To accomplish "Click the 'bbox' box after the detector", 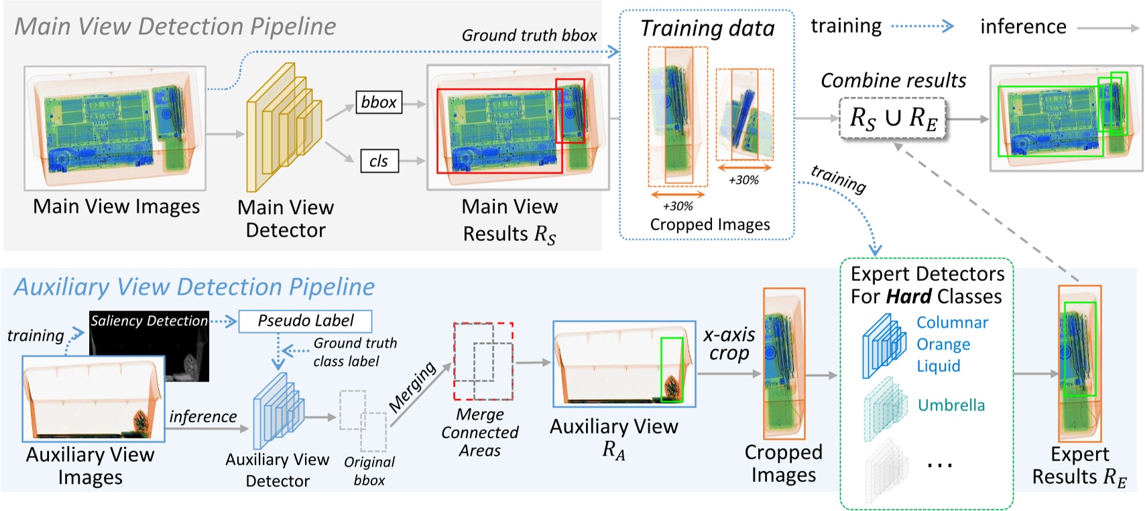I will click(x=379, y=102).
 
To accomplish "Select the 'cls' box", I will click(x=379, y=161).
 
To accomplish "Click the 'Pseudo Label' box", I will click(x=305, y=321).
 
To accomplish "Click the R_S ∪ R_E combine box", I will click(x=892, y=119).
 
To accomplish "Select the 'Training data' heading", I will click(x=707, y=28).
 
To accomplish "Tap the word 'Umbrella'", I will click(x=951, y=405).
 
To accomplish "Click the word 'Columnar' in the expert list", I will click(x=952, y=323).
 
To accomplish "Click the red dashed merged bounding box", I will click(x=483, y=361).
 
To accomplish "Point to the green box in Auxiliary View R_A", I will click(x=671, y=370).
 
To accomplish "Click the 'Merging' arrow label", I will click(x=412, y=387).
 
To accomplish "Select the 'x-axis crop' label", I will click(x=729, y=343).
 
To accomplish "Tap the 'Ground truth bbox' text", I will click(x=529, y=36).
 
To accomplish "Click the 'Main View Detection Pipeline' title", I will click(x=175, y=26).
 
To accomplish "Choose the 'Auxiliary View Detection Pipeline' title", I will click(x=194, y=287).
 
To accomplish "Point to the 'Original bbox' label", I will click(x=369, y=471).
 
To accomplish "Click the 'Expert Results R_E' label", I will click(x=1079, y=465).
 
